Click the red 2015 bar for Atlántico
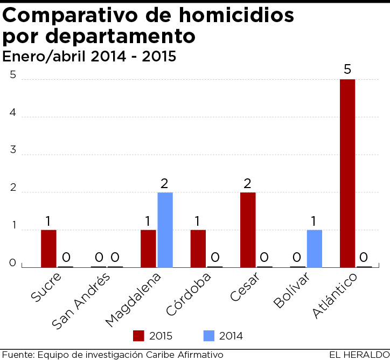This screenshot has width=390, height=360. (347, 173)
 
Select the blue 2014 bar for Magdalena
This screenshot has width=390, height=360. (165, 230)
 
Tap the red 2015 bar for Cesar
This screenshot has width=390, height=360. (248, 230)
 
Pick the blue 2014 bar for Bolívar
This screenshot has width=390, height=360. (315, 248)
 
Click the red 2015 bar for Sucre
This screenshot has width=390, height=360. (48, 248)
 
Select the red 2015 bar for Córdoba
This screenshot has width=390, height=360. (198, 248)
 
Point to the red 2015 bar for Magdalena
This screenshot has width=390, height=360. (148, 248)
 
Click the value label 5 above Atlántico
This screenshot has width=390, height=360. (347, 70)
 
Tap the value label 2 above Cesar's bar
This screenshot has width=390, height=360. (248, 183)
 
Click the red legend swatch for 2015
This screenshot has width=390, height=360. (138, 336)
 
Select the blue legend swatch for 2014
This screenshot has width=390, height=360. (208, 336)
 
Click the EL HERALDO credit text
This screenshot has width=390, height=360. (359, 354)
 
